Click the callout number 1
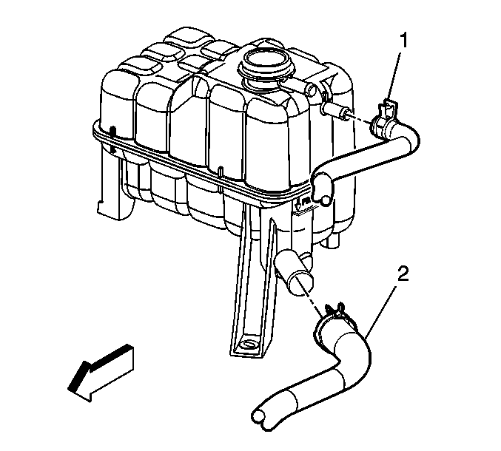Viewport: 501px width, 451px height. click(404, 41)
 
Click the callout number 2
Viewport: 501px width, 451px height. click(403, 274)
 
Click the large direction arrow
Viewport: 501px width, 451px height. click(101, 372)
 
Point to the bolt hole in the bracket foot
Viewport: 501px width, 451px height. click(247, 345)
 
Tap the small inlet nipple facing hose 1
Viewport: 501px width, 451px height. click(336, 111)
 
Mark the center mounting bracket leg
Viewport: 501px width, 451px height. click(252, 281)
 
